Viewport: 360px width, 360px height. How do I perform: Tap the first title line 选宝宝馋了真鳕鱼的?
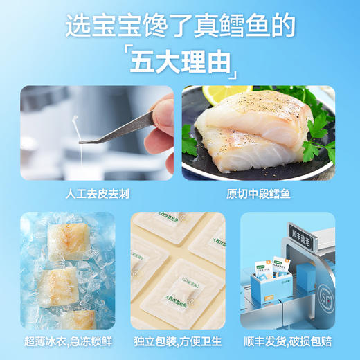point(180,26)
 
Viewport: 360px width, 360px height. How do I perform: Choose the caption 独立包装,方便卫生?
point(178,342)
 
